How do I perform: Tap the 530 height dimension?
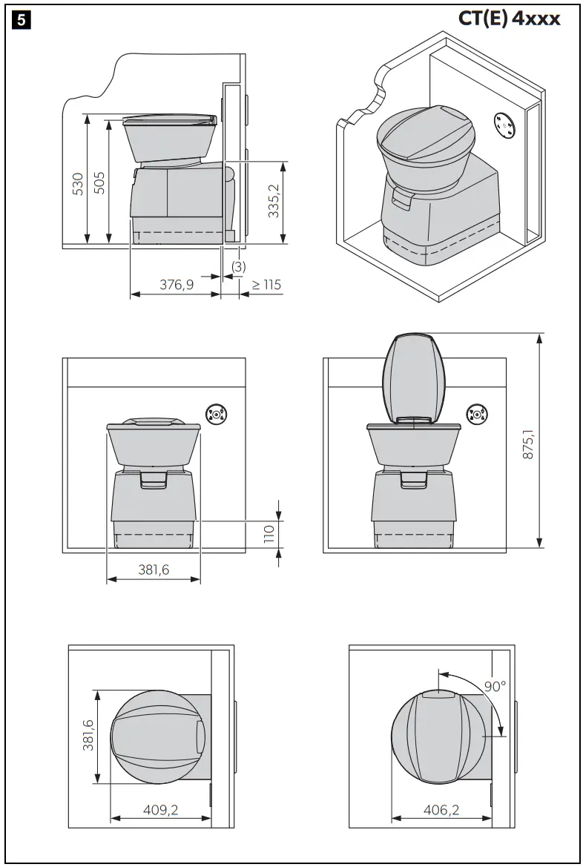click(77, 183)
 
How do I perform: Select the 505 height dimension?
click(99, 182)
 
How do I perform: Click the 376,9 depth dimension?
click(177, 284)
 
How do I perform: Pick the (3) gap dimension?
click(238, 266)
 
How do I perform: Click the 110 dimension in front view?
click(269, 534)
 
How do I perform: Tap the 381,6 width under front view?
click(154, 570)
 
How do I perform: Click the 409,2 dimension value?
click(160, 810)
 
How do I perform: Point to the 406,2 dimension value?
click(441, 810)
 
